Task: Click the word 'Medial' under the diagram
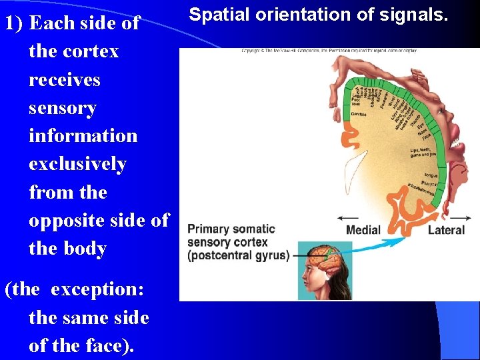coord(363,230)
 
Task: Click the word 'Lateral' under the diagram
coord(445,230)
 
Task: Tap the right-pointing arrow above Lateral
coord(459,217)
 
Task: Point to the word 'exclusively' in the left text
coord(77,164)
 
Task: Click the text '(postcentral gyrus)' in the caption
coord(239,255)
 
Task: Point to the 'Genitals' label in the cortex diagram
coord(359,114)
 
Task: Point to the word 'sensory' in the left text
coord(63,108)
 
